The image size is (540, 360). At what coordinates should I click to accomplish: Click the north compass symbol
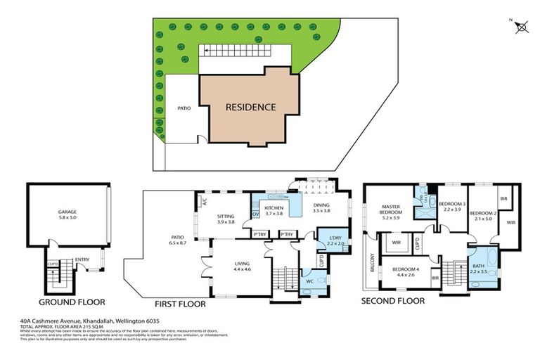[521, 27]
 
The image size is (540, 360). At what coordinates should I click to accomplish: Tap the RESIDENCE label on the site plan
[250, 108]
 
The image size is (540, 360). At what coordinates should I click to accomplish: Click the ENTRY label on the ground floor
[82, 259]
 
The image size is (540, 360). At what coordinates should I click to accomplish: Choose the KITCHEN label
[273, 209]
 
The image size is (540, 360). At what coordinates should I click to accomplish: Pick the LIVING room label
[242, 264]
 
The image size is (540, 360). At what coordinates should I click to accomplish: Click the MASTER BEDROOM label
[391, 210]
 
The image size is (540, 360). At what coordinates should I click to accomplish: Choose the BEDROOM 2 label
[484, 213]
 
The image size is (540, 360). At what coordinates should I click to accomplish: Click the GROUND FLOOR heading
[71, 302]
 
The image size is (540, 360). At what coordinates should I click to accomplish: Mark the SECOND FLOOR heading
[393, 301]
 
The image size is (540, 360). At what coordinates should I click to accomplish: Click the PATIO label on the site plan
[184, 109]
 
